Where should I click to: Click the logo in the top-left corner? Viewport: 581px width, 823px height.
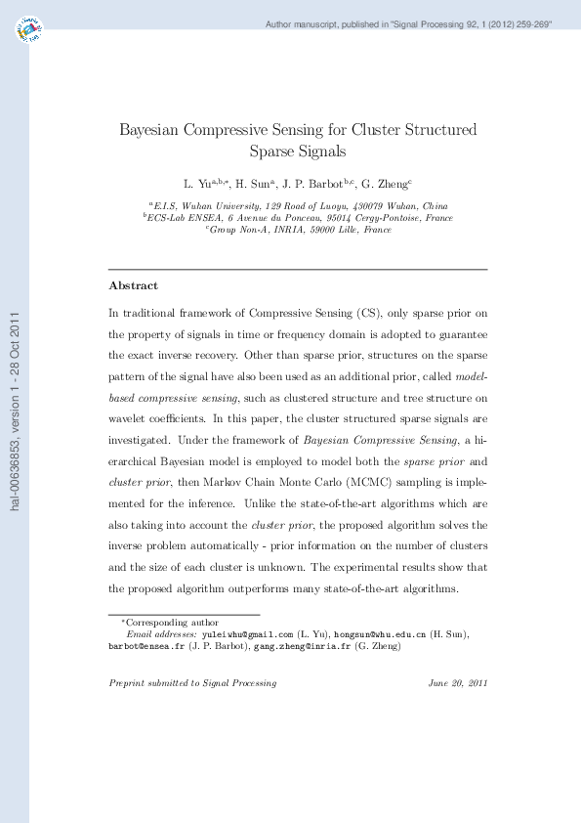(x=29, y=29)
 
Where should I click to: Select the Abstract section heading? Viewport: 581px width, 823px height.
(x=133, y=285)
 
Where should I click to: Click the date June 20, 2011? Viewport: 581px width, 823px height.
(x=457, y=683)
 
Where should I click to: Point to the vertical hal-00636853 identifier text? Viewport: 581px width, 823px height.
(x=14, y=411)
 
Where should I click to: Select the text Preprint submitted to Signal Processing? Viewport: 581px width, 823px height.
(x=192, y=683)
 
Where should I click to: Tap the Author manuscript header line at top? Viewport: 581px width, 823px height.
(x=409, y=22)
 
